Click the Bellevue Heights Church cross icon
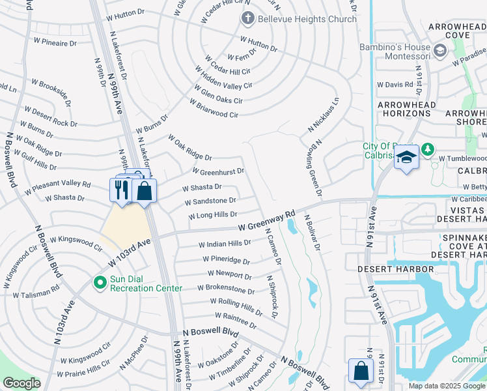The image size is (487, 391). pos(247,19)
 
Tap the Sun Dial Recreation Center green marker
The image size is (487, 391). pos(99,283)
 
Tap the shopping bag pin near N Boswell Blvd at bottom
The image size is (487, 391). pos(360,371)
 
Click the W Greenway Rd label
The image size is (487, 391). pos(267,225)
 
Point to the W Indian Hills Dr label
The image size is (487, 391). pos(225,244)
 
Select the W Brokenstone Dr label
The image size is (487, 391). pos(226,288)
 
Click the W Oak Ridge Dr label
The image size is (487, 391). pos(189,148)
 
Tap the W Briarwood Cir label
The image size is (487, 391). pos(214,108)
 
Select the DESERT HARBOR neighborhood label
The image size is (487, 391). pos(395,268)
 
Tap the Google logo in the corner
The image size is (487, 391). pos(21,383)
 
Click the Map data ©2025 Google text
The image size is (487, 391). pos(447,386)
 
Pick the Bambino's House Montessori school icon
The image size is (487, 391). pos(440,50)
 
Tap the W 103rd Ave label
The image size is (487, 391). pos(130,252)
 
